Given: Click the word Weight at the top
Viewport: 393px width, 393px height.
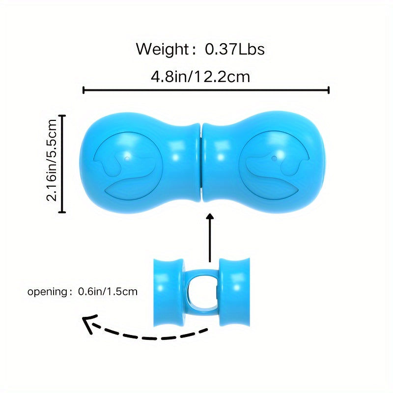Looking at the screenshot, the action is (x=162, y=49).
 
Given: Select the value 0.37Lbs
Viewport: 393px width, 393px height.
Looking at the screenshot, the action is (x=235, y=49).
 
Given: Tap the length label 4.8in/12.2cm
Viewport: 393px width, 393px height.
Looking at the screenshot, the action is (x=200, y=77).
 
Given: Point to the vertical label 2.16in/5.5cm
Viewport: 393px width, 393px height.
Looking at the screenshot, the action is (x=52, y=160).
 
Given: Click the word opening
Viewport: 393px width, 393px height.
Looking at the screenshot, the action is (x=47, y=292).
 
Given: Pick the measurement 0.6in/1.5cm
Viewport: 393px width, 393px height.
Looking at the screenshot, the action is (x=108, y=291).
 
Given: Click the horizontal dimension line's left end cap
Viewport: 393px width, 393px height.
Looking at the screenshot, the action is (x=84, y=90).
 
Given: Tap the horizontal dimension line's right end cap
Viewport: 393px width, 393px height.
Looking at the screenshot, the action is (x=328, y=90).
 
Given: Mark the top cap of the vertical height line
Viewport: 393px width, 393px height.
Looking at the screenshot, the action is (x=62, y=116).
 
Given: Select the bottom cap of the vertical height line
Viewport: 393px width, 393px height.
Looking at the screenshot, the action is (x=62, y=212).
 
